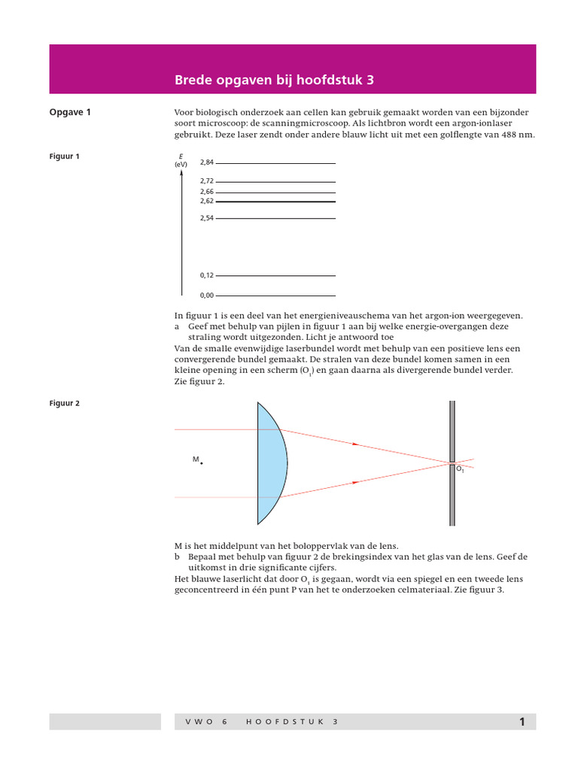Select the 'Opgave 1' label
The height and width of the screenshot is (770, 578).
pos(70,113)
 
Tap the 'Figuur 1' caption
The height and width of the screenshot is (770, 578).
pos(64,156)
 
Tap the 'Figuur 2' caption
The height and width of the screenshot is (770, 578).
pos(64,403)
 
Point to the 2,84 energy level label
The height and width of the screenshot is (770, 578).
pos(207,162)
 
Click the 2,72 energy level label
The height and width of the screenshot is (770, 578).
pos(207,181)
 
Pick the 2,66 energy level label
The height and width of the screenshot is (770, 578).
pos(207,192)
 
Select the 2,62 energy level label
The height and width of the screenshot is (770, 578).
pos(207,202)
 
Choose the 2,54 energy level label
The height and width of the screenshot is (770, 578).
pos(207,218)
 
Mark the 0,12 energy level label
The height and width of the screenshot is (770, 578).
pos(207,276)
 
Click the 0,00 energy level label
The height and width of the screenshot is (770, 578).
pos(207,296)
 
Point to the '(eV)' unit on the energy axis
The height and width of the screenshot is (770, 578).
pos(181,164)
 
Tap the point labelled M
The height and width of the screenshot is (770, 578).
pos(201,463)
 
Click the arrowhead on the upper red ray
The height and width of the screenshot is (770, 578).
pos(354,444)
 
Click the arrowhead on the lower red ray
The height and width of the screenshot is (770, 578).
pos(354,481)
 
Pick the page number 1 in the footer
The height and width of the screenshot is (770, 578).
pos(522,723)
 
